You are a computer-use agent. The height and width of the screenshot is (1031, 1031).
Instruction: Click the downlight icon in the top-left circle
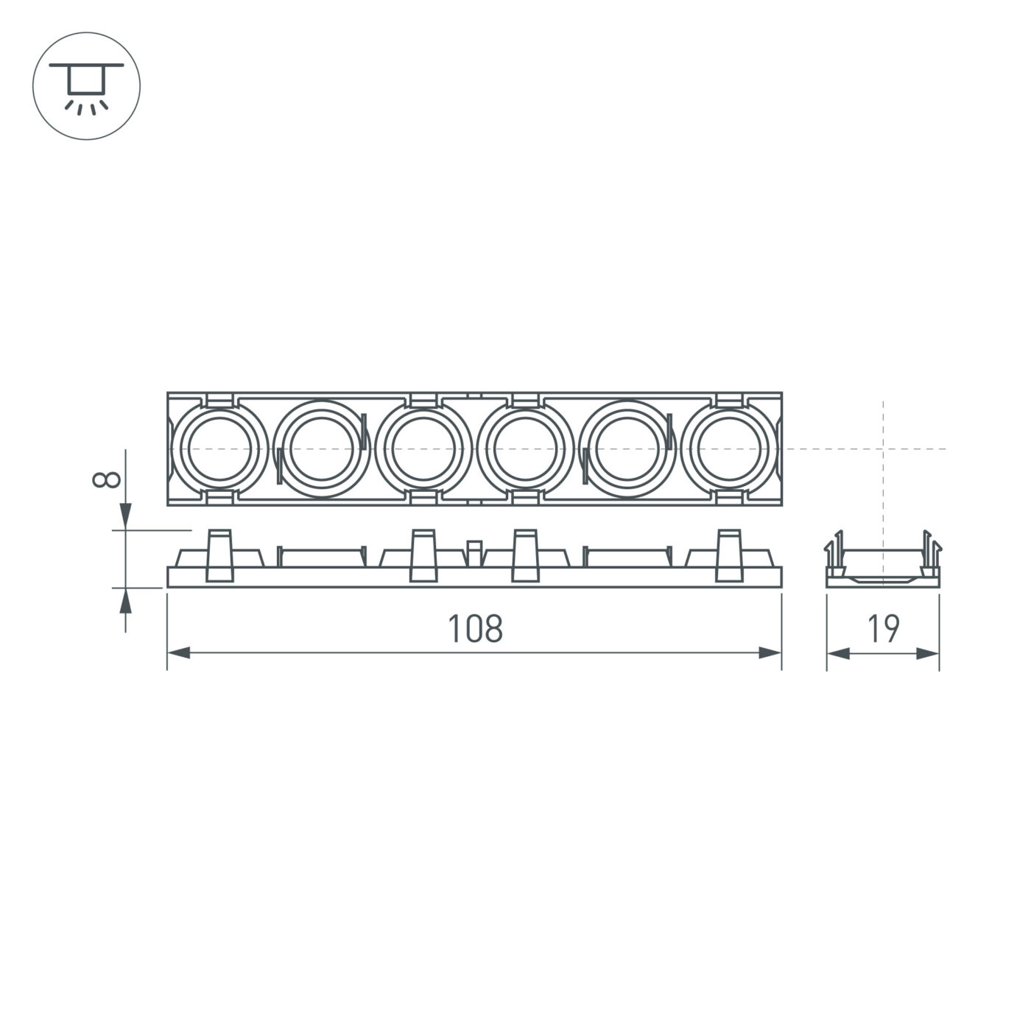[86, 86]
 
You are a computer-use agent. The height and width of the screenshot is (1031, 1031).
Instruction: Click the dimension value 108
[475, 629]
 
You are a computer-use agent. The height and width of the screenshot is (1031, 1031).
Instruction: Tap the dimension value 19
[883, 629]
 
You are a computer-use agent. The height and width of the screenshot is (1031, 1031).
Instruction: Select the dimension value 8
[107, 479]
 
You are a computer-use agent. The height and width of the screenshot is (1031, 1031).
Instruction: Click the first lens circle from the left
[219, 448]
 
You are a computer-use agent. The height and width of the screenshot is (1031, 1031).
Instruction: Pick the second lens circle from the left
[321, 448]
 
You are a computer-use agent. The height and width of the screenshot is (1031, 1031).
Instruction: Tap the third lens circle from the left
[423, 448]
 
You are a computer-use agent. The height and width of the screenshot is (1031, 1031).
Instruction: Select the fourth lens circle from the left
[524, 448]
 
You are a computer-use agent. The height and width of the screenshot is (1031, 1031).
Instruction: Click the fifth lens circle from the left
[626, 448]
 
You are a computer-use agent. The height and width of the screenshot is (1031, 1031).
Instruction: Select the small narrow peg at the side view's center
[475, 553]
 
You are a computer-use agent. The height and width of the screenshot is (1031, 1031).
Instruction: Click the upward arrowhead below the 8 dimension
[125, 601]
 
